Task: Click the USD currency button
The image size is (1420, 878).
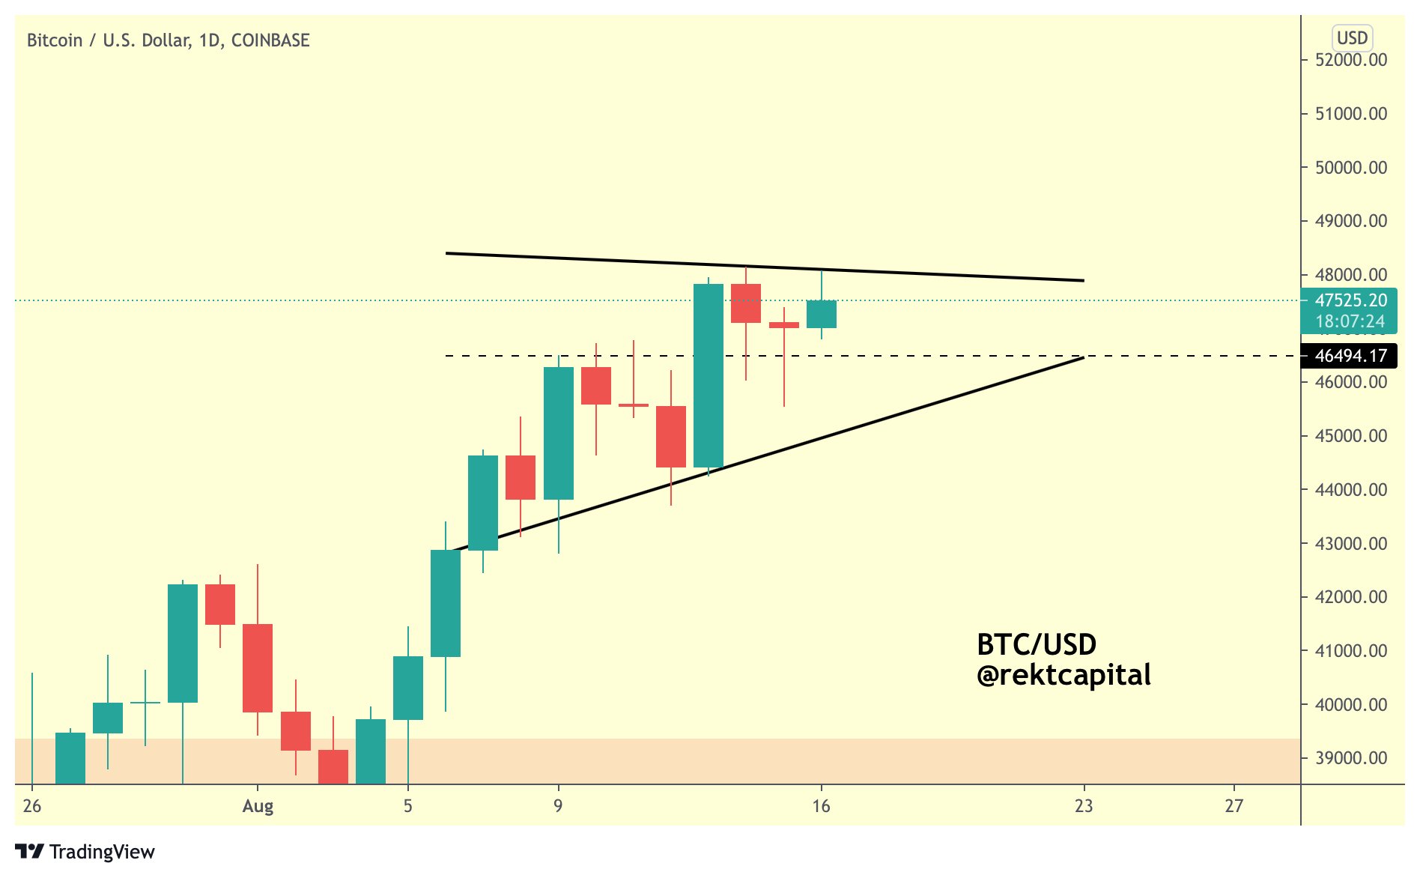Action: coord(1352,37)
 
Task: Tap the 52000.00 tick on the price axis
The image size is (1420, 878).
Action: coord(1351,60)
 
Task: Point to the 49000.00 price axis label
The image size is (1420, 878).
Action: coord(1351,221)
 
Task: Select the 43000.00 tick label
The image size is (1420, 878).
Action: coord(1351,543)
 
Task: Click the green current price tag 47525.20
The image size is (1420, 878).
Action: coord(1351,300)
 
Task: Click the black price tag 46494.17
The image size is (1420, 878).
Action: coord(1350,356)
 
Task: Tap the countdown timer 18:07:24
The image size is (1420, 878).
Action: coord(1350,321)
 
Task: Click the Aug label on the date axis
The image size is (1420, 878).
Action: coord(258,806)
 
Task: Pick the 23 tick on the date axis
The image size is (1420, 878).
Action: coord(1084,806)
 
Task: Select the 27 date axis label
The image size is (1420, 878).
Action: coord(1234,806)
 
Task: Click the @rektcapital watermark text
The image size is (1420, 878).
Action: coord(1064,676)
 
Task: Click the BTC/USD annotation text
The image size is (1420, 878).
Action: coord(1037,644)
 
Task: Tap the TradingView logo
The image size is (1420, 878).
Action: coord(85,852)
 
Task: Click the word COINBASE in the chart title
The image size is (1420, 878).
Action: coord(270,40)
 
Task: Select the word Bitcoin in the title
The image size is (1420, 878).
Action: coord(55,40)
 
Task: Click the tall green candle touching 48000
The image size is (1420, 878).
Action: coord(709,375)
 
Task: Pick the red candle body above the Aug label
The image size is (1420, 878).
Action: coord(258,668)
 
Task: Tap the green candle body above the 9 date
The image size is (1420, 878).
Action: coord(559,433)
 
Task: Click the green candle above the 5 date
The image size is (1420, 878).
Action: coord(408,688)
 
